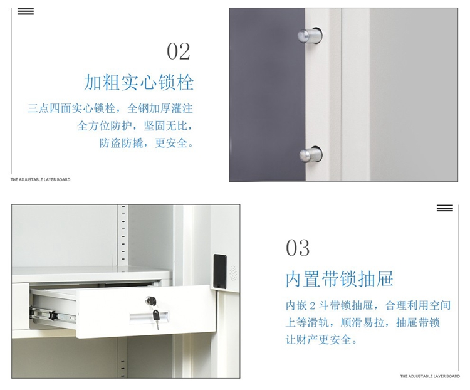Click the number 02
pos(179,51)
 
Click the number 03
pos(297,248)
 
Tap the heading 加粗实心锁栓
pos(138,82)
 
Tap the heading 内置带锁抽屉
pos(339,278)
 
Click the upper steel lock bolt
pos(310,35)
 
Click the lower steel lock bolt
pos(311,154)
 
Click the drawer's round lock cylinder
pos(150,300)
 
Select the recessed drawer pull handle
pos(149,317)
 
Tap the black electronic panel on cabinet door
pos(220,271)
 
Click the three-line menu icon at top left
pos(26,11)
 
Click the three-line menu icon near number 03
pos(444,208)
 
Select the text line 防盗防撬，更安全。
pos(147,143)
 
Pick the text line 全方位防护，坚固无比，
pos(135,125)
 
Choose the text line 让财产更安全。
pos(321,340)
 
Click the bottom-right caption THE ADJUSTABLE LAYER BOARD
pos(429,376)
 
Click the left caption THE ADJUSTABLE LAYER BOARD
pos(41,180)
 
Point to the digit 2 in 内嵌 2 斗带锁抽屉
pos(313,306)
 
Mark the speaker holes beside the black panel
pos(233,273)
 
